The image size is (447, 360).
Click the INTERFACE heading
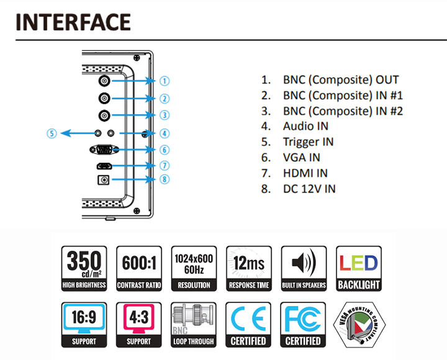pos(73,22)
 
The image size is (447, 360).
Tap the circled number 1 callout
pos(165,81)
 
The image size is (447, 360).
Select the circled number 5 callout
pos(52,133)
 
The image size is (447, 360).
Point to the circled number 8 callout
pos(165,179)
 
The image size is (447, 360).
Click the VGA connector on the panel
pos(104,150)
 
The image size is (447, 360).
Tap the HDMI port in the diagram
pos(104,166)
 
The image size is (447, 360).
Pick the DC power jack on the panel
pos(103,180)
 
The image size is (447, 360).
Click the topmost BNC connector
pos(104,81)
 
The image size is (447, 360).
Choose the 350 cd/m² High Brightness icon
pos(84,269)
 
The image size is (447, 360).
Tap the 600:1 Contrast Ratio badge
pos(139,269)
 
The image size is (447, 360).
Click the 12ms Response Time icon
pos(249,269)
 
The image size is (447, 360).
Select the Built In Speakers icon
pos(304,269)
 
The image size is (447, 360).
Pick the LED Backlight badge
pos(359,269)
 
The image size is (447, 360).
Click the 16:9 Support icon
pos(84,325)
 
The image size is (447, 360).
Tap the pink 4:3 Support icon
pos(139,325)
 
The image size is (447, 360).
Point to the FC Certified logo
pos(303,325)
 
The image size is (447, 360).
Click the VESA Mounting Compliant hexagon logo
pos(359,325)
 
